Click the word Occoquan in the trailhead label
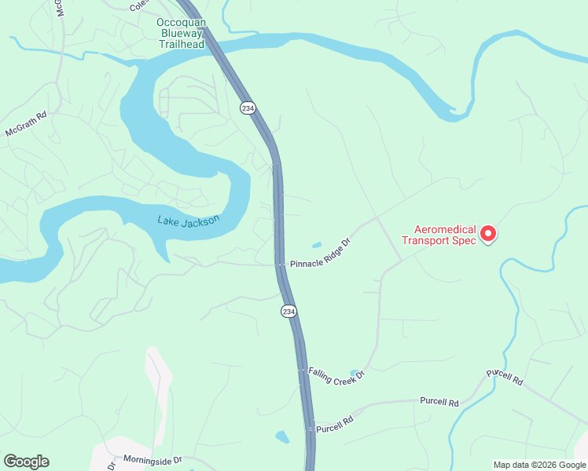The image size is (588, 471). [181, 23]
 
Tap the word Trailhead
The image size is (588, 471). [181, 45]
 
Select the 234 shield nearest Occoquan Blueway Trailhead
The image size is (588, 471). [248, 108]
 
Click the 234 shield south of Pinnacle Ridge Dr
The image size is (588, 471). [288, 312]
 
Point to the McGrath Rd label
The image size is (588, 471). [26, 124]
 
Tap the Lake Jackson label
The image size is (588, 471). [188, 221]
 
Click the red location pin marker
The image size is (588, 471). [488, 234]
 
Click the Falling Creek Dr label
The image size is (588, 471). [337, 374]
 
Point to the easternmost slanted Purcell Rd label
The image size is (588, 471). [505, 377]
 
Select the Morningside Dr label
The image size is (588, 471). [153, 459]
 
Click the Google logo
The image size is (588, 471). [26, 462]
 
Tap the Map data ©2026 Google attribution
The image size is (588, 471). [538, 465]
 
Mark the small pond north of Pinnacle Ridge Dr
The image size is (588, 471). [316, 244]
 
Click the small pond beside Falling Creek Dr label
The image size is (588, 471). [355, 373]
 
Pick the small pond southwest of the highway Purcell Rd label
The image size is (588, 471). [282, 436]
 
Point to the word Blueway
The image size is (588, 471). [181, 34]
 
